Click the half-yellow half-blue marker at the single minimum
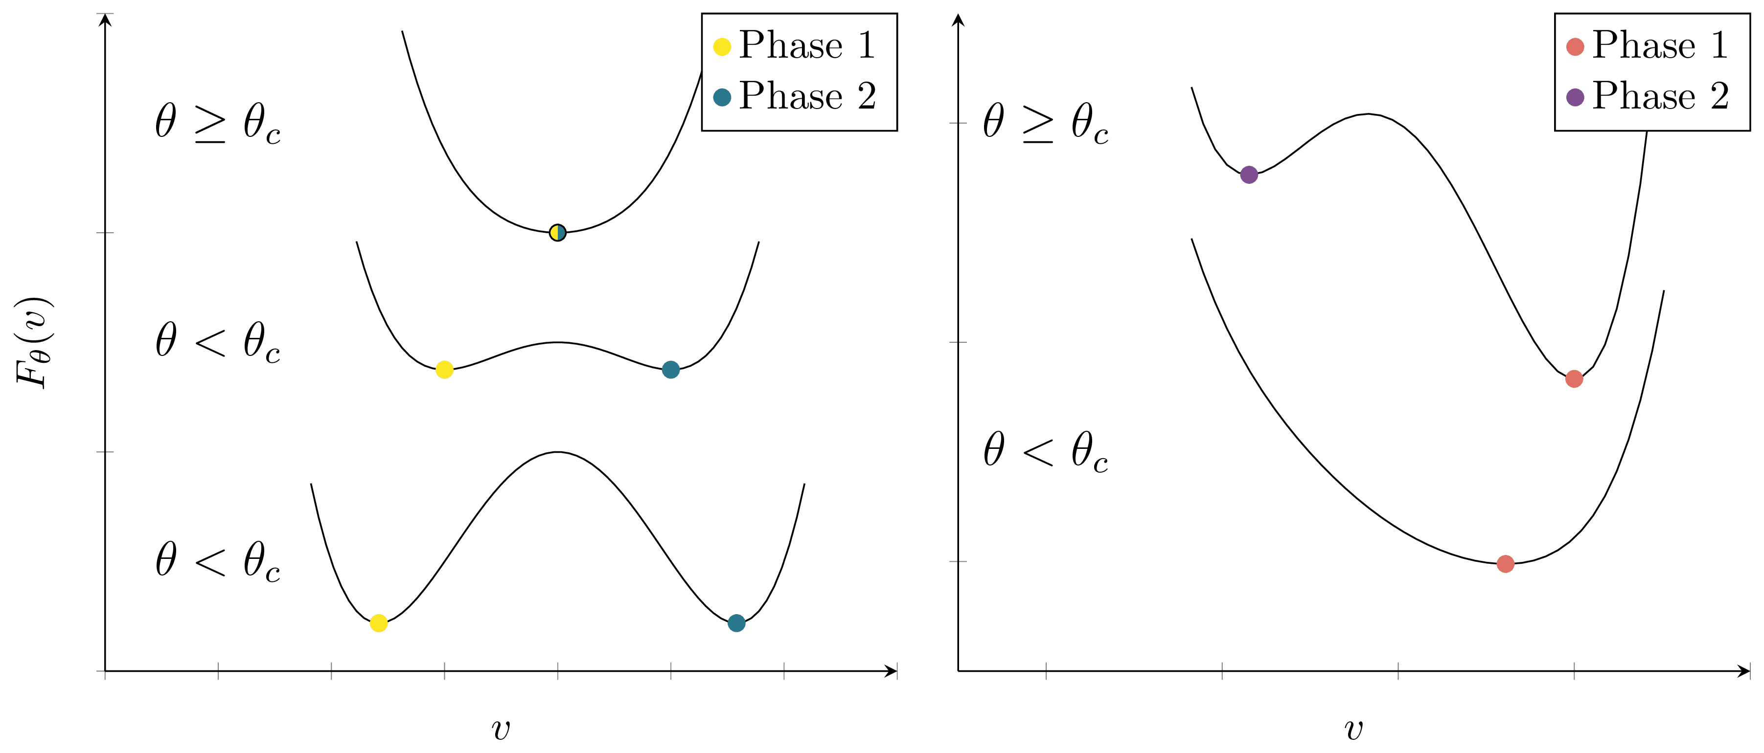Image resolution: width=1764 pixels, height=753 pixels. point(557,233)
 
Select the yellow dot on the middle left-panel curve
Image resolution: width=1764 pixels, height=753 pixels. point(444,370)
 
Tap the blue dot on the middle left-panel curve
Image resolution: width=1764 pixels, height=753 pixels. point(670,370)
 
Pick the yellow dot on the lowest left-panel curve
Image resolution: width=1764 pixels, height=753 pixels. point(379,623)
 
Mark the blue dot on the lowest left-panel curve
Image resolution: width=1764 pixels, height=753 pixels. point(736,623)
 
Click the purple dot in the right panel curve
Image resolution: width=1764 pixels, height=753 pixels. point(1249,175)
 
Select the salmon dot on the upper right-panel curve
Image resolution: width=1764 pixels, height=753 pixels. point(1574,378)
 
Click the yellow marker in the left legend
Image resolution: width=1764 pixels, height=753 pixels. point(722,46)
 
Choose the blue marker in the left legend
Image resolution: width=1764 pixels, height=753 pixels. point(722,97)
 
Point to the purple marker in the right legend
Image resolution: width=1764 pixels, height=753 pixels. point(1575,97)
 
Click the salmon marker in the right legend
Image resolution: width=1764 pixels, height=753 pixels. point(1575,46)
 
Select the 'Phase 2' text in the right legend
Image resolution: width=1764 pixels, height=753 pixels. point(1660,96)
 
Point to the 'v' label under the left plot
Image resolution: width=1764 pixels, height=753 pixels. point(501,730)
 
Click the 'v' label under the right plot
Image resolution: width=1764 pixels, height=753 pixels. point(1354,730)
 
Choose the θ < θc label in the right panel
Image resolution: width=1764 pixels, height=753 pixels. point(1046,452)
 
